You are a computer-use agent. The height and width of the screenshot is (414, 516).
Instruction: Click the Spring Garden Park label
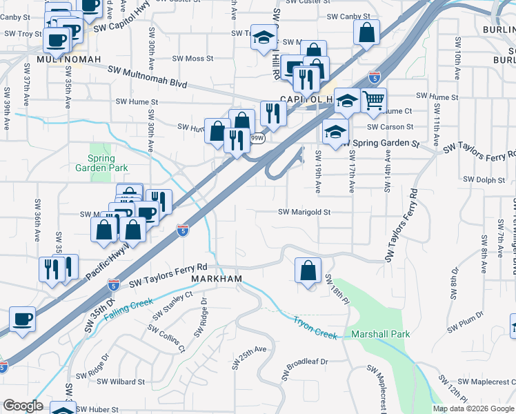pyautogui.click(x=102, y=163)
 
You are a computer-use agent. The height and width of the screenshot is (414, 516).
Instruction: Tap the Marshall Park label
pyautogui.click(x=380, y=335)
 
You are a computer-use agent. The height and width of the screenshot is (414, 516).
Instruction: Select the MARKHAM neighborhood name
pyautogui.click(x=217, y=279)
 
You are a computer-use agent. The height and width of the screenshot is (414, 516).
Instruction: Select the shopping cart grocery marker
pyautogui.click(x=373, y=101)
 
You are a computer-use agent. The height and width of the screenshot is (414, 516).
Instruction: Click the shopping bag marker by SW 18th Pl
pyautogui.click(x=308, y=270)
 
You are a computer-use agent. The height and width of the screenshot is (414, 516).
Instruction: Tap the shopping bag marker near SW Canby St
pyautogui.click(x=367, y=31)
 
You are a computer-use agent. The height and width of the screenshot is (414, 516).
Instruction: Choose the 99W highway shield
pyautogui.click(x=257, y=138)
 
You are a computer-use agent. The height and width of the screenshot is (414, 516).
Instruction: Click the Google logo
pyautogui.click(x=23, y=406)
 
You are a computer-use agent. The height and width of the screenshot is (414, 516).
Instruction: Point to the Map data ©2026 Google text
pyautogui.click(x=474, y=408)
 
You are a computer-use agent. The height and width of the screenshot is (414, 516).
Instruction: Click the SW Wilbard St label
pyautogui.click(x=121, y=381)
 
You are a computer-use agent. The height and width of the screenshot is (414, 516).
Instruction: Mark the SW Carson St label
pyautogui.click(x=390, y=127)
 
